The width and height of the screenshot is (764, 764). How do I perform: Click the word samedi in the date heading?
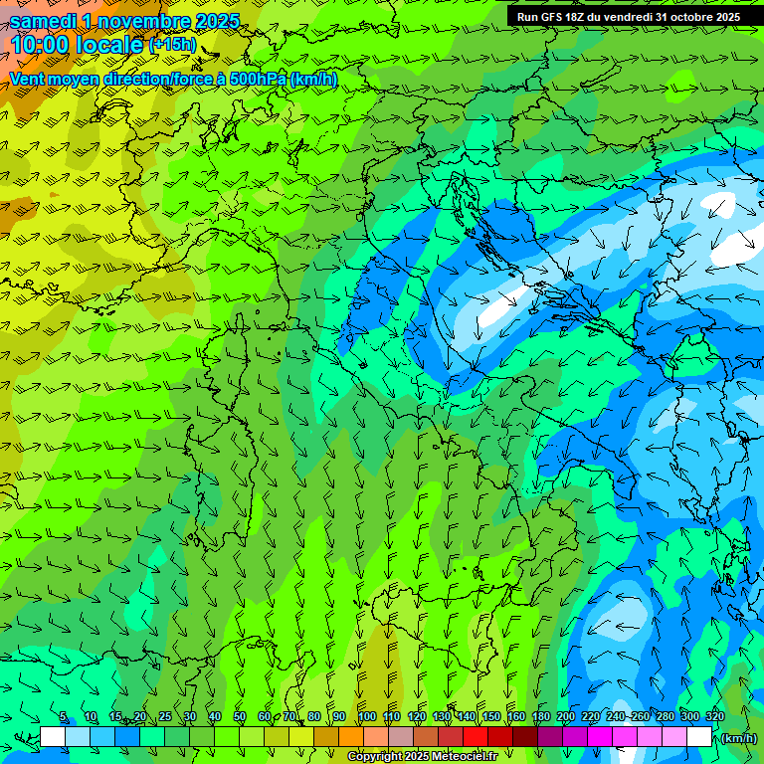[45, 21]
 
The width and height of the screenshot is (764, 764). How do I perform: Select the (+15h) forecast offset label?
[173, 45]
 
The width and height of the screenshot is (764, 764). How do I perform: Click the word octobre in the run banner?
[684, 17]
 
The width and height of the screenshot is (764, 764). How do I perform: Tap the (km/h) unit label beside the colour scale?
[738, 737]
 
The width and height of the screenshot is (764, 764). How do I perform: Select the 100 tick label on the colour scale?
[366, 716]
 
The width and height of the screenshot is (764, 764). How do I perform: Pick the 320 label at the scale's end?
[714, 716]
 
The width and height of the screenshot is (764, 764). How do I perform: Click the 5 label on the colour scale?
[64, 716]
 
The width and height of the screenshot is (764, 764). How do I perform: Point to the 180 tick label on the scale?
[540, 716]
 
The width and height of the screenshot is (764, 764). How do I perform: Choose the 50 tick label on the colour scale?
[240, 716]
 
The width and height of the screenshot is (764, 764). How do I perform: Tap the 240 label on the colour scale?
[615, 716]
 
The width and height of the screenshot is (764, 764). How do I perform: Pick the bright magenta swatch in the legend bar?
[600, 737]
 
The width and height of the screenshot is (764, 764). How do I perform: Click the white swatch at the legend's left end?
[53, 737]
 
